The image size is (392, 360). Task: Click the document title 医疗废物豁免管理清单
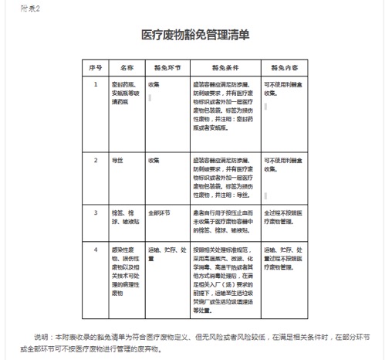click(195, 36)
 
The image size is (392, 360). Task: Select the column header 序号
click(96, 67)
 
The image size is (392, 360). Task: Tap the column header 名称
click(127, 67)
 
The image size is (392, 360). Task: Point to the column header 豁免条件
click(225, 67)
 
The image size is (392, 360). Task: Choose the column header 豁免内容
click(282, 67)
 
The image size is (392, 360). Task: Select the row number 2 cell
click(96, 161)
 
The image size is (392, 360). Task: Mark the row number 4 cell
click(96, 250)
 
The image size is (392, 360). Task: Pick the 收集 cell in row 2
click(154, 161)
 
